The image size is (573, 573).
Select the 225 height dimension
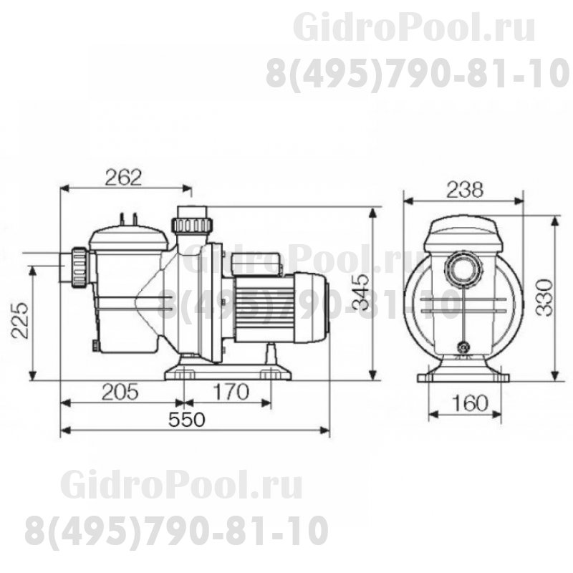coord(21,319)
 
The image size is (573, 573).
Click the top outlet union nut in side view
coord(192,224)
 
